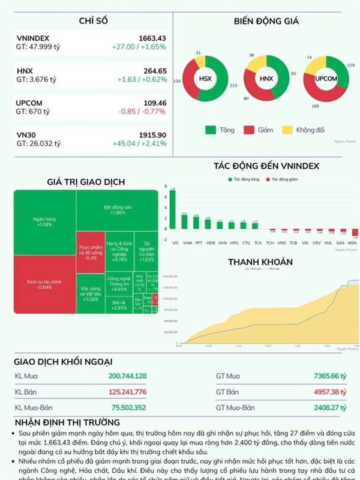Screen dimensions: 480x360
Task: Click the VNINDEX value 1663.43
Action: tap(152, 38)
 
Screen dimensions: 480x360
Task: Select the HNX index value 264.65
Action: tap(154, 71)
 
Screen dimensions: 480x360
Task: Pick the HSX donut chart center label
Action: tap(205, 79)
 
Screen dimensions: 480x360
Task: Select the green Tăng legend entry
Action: tap(219, 130)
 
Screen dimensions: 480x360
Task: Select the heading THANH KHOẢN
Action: tap(260, 262)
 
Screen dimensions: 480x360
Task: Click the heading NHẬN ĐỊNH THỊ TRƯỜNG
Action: tap(67, 423)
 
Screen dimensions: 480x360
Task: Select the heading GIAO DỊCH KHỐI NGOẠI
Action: tap(64, 361)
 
